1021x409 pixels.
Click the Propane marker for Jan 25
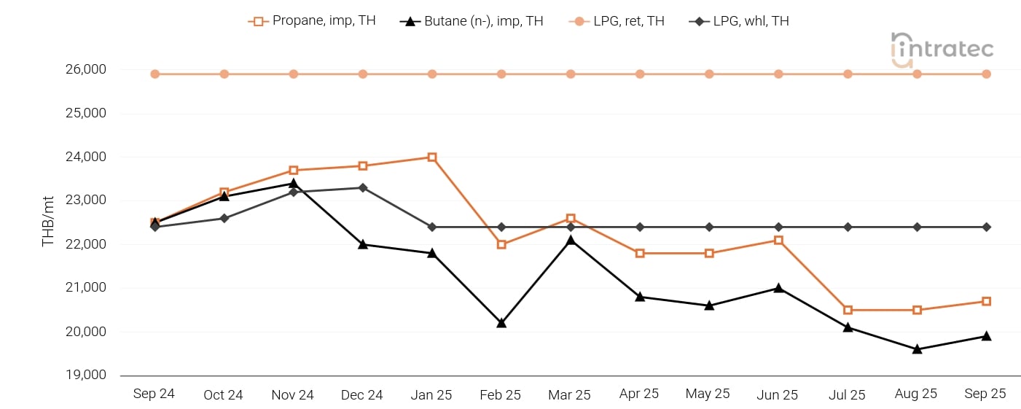pyautogui.click(x=432, y=157)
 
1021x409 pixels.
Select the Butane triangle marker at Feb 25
pyautogui.click(x=501, y=322)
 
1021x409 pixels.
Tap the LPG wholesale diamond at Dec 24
pyautogui.click(x=363, y=188)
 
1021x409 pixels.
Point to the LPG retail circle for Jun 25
pyautogui.click(x=778, y=74)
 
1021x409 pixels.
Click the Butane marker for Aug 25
pyautogui.click(x=917, y=348)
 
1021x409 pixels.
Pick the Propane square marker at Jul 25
pyautogui.click(x=848, y=311)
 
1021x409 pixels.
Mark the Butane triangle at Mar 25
pyautogui.click(x=571, y=240)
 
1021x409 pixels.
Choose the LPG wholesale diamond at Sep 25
pyautogui.click(x=986, y=227)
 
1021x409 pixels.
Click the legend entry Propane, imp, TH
pyautogui.click(x=312, y=21)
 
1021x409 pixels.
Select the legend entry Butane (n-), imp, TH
pyautogui.click(x=472, y=21)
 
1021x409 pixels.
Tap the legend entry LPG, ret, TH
pyautogui.click(x=617, y=21)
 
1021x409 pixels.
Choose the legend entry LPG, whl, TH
pyautogui.click(x=739, y=21)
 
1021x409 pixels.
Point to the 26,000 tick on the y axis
pyautogui.click(x=86, y=70)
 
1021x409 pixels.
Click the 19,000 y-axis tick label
pyautogui.click(x=86, y=375)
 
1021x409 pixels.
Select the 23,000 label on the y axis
pyautogui.click(x=86, y=200)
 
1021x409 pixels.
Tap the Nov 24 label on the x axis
pyautogui.click(x=293, y=394)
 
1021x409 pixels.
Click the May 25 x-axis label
pyautogui.click(x=708, y=394)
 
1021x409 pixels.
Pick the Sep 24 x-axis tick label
pyautogui.click(x=154, y=394)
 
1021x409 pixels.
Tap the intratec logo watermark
pyautogui.click(x=942, y=50)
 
